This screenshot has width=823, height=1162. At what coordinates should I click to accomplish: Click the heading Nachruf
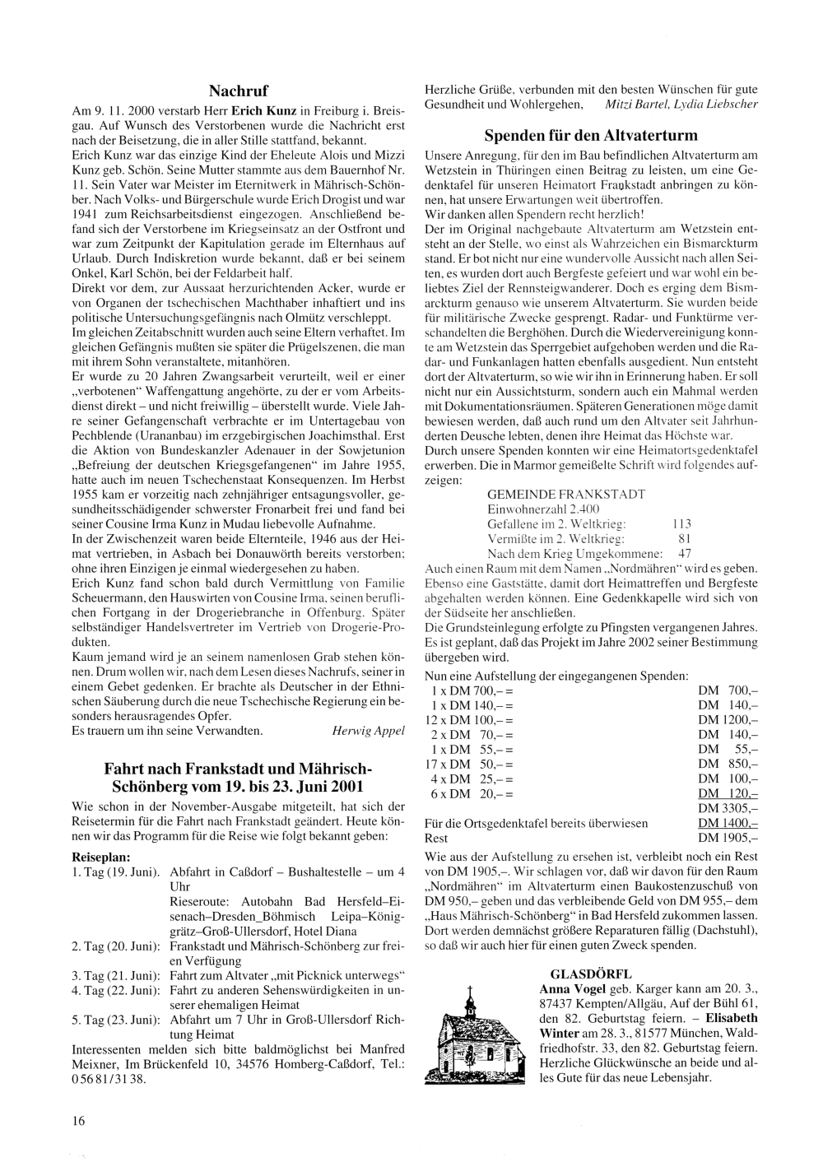pos(239,90)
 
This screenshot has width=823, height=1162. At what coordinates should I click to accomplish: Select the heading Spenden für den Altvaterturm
pos(590,135)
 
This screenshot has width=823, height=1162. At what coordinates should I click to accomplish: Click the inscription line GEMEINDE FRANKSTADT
pos(566,495)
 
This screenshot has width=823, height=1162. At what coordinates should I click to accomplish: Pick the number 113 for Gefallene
pos(681,523)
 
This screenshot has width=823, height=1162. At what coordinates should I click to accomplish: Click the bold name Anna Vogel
pos(569,987)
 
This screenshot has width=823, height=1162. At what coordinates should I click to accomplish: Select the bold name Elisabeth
pos(728,1016)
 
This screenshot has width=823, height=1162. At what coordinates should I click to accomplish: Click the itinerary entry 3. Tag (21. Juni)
pos(116,975)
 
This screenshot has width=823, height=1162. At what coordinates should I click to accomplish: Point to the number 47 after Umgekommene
pos(685,553)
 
